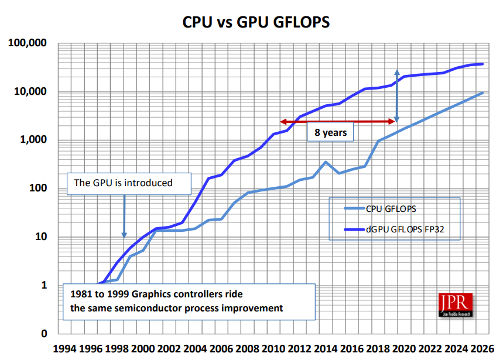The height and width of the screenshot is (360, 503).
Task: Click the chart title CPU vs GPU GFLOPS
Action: [256, 23]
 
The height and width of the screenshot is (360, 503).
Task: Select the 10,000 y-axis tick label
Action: [30, 92]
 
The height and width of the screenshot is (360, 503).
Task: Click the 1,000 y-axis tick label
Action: [33, 140]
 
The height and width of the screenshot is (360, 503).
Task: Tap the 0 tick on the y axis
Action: [44, 334]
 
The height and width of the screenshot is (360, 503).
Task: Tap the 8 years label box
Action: [330, 133]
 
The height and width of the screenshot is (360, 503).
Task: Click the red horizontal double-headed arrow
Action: [337, 122]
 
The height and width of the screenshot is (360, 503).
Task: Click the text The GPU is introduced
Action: [123, 183]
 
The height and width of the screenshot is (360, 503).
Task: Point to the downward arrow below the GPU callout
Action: [124, 217]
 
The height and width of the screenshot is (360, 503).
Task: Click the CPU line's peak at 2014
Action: [326, 162]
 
